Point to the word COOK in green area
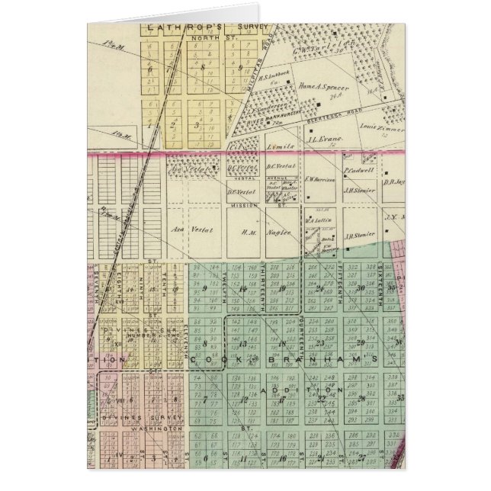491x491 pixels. [x=204, y=358]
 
